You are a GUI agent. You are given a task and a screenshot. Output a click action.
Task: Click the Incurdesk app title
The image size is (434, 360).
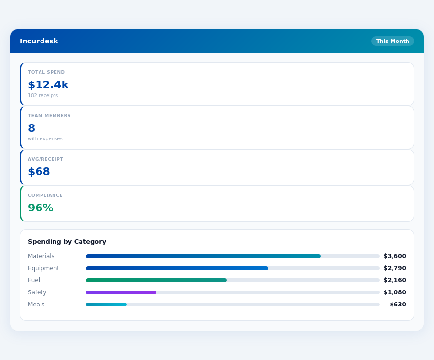39,41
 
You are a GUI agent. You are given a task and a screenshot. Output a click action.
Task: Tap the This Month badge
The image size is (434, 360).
393,41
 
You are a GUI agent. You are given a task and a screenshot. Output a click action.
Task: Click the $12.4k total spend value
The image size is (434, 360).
48,85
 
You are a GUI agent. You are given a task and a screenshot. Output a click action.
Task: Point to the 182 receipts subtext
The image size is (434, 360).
43,96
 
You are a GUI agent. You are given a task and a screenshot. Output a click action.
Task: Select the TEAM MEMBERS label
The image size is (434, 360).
49,116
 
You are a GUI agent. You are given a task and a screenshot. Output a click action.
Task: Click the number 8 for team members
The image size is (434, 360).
32,128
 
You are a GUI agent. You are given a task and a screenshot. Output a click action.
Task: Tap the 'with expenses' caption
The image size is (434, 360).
45,139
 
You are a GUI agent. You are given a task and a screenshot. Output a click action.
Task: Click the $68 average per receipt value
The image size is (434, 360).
39,172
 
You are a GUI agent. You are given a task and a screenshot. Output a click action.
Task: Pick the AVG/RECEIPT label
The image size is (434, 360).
45,159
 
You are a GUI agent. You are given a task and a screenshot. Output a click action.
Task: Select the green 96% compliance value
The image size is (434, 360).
41,208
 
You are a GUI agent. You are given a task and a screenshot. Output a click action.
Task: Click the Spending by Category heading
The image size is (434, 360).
67,242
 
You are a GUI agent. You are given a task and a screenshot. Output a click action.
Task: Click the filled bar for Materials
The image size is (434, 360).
203,256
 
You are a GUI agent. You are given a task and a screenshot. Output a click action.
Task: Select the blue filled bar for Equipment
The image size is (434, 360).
177,268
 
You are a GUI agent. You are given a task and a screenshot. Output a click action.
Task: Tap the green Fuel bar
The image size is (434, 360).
156,280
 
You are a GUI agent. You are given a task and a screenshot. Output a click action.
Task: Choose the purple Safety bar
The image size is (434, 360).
121,292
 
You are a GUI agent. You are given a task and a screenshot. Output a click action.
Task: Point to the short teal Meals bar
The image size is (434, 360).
106,305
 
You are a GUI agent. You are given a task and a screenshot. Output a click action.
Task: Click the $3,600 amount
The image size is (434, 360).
394,256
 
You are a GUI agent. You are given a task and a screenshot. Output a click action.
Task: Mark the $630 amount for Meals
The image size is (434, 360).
397,305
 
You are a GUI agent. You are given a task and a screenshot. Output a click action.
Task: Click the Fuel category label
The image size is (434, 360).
34,280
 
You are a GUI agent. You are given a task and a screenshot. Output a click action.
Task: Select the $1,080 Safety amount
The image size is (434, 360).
394,292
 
